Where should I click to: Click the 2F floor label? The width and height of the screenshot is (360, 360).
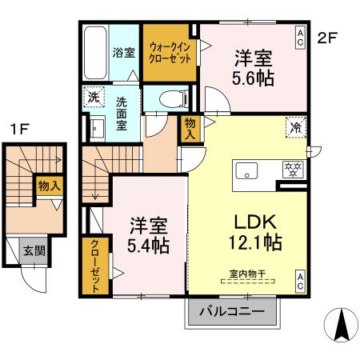(x=326, y=37)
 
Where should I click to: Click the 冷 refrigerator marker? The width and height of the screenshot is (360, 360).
(x=296, y=126)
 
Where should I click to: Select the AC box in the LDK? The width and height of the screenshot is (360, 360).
(x=300, y=280)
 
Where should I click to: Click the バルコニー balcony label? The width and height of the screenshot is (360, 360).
(x=232, y=311)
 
